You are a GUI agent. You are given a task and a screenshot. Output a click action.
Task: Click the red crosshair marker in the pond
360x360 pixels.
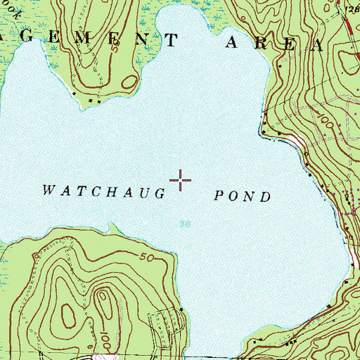[181, 180]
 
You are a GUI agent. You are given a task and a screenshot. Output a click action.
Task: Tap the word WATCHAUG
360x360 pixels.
[103, 191]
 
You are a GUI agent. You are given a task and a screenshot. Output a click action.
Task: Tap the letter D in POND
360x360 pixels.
[266, 197]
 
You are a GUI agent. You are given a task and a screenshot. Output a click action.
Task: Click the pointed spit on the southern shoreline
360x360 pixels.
[110, 226]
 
